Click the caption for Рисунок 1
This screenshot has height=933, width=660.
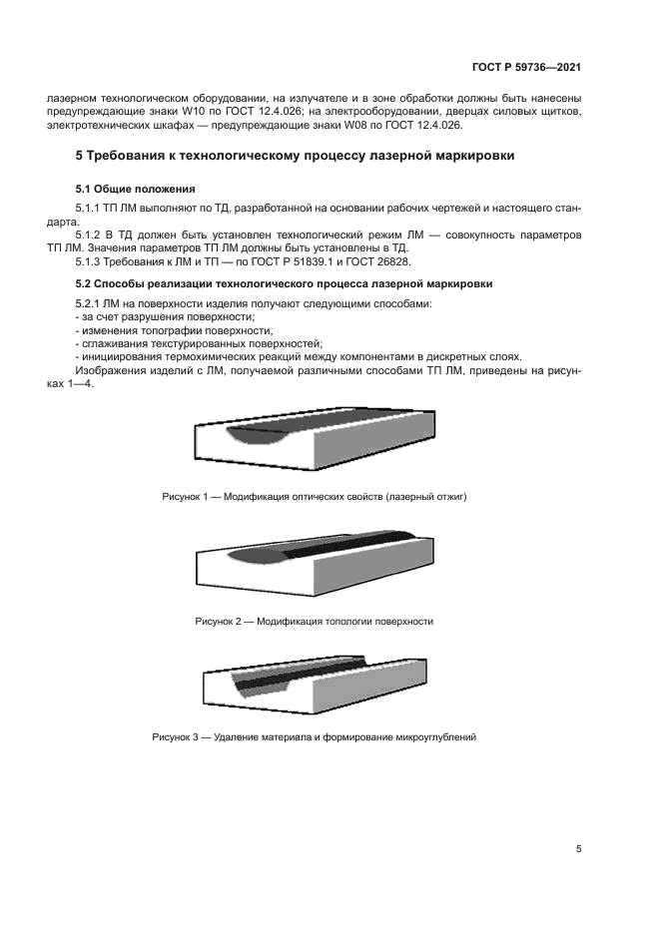(x=315, y=496)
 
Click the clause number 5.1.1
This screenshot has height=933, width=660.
(x=93, y=207)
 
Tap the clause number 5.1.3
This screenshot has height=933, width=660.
(x=93, y=261)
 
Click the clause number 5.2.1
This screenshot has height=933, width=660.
(x=93, y=302)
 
